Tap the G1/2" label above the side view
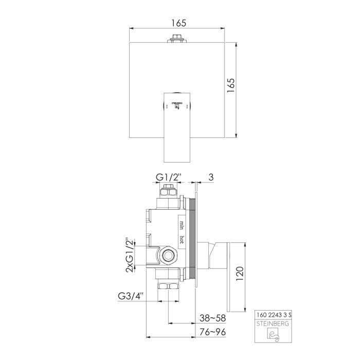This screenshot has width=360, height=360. (x=168, y=178)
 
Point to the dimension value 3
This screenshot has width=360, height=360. (x=210, y=178)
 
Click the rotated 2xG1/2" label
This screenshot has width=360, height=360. (x=130, y=254)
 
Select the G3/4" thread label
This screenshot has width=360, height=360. (x=131, y=296)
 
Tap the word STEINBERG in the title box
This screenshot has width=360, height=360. (x=274, y=323)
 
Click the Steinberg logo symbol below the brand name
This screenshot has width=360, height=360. (x=273, y=335)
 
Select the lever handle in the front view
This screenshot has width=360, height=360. (x=176, y=126)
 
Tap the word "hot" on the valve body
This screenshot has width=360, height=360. (x=182, y=238)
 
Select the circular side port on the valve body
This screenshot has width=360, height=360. (x=168, y=255)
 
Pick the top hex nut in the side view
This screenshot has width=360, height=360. (x=168, y=193)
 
